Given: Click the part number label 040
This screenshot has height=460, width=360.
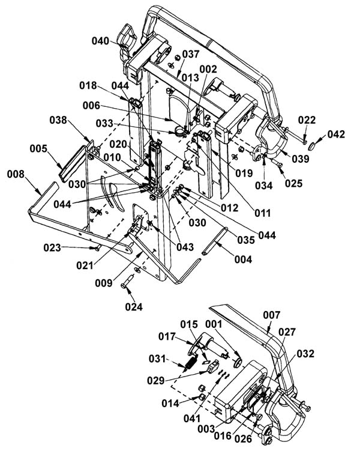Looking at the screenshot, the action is (x=100, y=41).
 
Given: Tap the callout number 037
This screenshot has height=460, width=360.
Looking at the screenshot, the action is (x=191, y=54).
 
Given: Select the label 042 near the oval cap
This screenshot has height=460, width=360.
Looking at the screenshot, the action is (x=336, y=134).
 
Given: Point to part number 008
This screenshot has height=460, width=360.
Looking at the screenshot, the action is (x=16, y=174).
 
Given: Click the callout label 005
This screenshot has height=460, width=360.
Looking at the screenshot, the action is (x=38, y=148).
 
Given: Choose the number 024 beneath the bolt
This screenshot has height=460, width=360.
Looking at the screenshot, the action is (x=134, y=307).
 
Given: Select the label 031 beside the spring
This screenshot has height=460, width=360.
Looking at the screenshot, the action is (x=157, y=358).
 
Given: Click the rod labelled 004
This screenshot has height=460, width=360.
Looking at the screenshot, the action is (x=215, y=241).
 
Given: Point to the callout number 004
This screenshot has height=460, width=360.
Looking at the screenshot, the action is (x=243, y=259).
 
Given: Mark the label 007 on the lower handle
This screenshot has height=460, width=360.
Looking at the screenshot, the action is (x=272, y=315).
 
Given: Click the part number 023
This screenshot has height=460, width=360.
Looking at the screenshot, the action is (x=52, y=247).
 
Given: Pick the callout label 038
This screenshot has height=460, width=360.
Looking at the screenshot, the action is (x=58, y=120).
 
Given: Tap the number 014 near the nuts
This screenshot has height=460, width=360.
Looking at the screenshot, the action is (x=170, y=404).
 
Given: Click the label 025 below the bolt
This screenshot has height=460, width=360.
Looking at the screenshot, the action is (x=293, y=183).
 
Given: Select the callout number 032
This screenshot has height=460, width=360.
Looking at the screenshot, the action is (x=305, y=354).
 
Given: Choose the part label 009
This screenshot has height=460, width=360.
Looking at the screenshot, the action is (x=103, y=283).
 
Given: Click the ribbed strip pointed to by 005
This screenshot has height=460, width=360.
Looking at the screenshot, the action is (x=73, y=163).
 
